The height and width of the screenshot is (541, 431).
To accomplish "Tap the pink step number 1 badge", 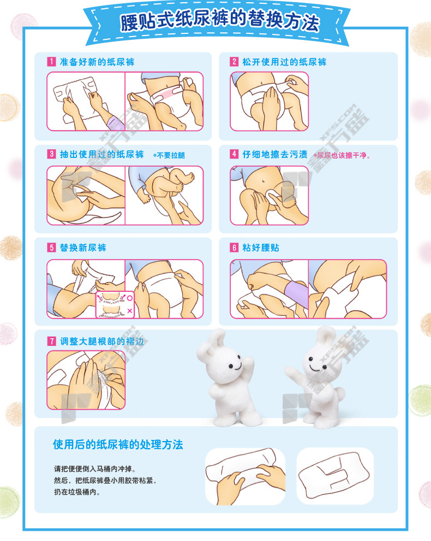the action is tap(51, 62).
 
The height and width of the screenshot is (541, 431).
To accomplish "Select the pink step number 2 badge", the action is tap(234, 62).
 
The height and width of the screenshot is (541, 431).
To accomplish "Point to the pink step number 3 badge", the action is tap(51, 154).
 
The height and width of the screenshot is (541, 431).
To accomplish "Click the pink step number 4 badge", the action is tap(234, 154).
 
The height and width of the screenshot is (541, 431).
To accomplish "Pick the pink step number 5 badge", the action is tap(51, 248).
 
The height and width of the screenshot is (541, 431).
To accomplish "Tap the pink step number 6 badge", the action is tap(234, 248).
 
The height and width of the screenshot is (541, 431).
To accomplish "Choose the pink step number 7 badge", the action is tap(51, 341).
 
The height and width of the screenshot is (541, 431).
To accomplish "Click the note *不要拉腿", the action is tap(169, 156).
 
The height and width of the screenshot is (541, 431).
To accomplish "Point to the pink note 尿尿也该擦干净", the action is tap(342, 156).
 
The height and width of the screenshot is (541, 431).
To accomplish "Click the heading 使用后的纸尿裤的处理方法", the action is tap(118, 444).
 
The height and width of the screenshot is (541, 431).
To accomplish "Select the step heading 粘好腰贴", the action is tap(261, 248).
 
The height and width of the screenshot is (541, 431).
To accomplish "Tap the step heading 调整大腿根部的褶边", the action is tap(101, 341).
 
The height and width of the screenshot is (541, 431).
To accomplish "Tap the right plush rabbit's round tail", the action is tap(340, 393).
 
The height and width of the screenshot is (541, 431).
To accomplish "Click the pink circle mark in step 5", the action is tap(130, 298).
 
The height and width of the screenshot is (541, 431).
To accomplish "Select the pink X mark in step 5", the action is tap(130, 311).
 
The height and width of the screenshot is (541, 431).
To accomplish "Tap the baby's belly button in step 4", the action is tap(264, 181).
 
